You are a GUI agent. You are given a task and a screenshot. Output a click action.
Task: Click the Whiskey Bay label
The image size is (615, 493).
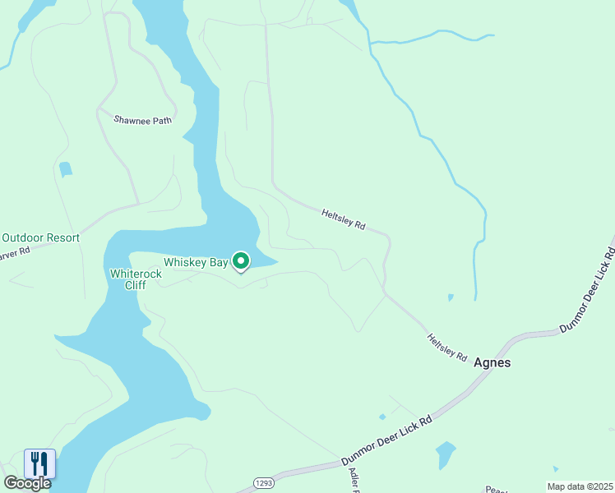coord(195,262)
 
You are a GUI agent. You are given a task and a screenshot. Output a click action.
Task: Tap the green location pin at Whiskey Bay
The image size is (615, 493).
coord(241,261)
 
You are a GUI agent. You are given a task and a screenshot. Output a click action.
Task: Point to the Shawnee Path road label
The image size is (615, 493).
coord(143,120)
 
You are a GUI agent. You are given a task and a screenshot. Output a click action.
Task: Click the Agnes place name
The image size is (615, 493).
coord(492,362)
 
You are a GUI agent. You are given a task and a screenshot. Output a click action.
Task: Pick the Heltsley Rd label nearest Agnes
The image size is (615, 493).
coord(446,348)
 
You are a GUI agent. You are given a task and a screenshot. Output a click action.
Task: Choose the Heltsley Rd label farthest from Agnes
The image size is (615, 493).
coord(343,219)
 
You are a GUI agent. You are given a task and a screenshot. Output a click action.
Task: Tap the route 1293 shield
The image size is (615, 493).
coord(263,482)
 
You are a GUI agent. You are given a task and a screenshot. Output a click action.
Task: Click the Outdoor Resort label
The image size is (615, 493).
coord(40,238)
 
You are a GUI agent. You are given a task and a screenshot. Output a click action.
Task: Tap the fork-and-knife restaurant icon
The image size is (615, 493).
coord(39,463)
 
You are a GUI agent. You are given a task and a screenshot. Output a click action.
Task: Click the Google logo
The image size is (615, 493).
coord(27,483)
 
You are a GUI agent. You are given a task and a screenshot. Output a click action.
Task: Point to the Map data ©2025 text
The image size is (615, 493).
coord(579,486)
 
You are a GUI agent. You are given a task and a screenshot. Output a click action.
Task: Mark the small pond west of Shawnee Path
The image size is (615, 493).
coord(65,169)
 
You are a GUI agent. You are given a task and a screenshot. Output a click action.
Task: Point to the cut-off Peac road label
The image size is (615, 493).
coord(496,489)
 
